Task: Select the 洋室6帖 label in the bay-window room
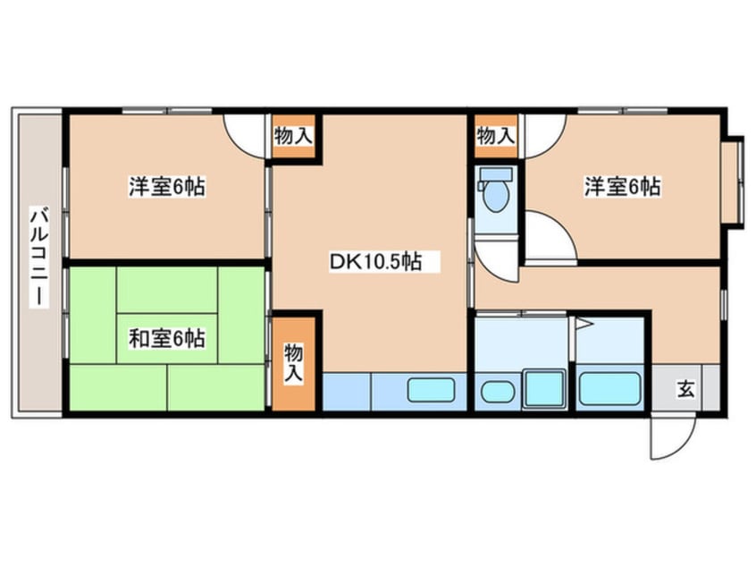point(623,187)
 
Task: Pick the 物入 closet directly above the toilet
point(495,137)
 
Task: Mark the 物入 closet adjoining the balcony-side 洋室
point(293,137)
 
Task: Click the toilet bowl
point(495,192)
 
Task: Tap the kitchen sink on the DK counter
point(432,390)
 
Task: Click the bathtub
point(610,389)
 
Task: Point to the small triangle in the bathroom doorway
point(582,326)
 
